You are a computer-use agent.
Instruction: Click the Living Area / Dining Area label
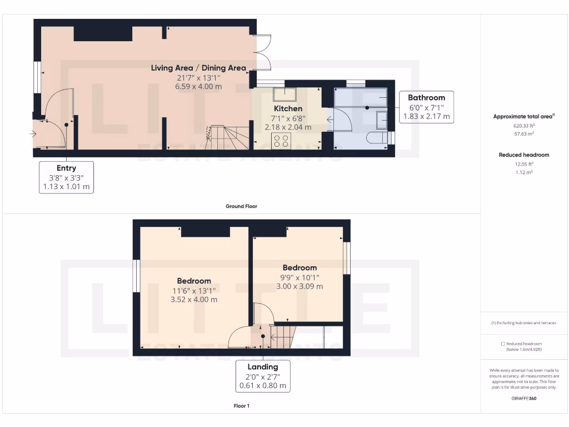(198, 68)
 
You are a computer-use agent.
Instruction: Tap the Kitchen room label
(288, 108)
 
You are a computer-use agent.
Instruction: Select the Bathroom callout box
(426, 107)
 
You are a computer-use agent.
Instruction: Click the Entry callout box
(66, 177)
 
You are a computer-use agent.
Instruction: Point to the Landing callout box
(263, 376)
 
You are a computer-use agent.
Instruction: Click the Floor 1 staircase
(282, 336)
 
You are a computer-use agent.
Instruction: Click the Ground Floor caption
(241, 206)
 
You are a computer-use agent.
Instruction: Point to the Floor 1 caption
(241, 406)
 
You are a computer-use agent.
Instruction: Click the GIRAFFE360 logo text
(524, 398)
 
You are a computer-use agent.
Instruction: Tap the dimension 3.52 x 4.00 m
(194, 300)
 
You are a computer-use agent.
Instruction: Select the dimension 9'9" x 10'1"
(300, 277)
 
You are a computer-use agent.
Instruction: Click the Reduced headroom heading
(524, 155)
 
